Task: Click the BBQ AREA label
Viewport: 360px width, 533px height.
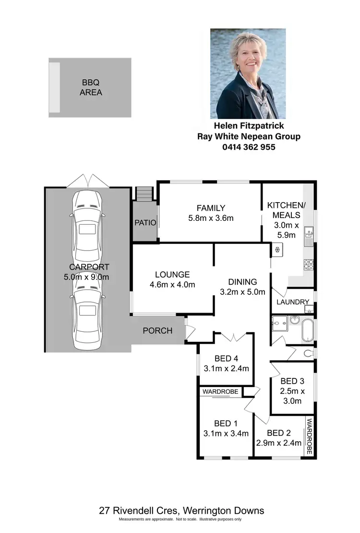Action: (90, 87)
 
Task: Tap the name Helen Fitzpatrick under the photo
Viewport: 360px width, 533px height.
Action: (249, 126)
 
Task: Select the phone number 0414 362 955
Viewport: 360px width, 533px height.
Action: (249, 147)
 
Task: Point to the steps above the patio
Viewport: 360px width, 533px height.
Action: (144, 194)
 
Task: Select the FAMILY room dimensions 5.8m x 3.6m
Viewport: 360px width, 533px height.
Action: (211, 218)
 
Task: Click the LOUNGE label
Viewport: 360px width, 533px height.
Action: (172, 275)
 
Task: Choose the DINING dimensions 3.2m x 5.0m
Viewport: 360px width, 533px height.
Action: (242, 292)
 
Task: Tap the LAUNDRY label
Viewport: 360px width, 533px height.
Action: (292, 302)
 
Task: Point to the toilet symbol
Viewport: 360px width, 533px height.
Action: (309, 353)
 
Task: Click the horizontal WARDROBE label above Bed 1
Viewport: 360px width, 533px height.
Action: (220, 392)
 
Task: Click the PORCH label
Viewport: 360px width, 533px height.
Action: (157, 331)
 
